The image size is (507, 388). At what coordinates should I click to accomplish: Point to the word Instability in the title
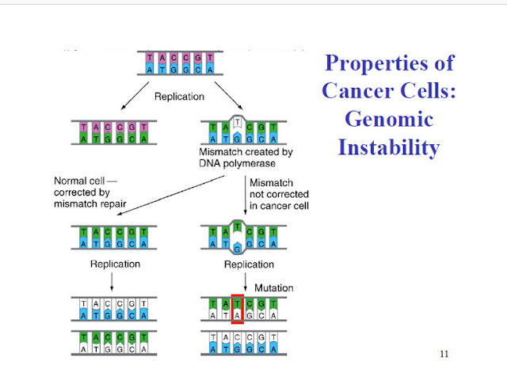pos(388,146)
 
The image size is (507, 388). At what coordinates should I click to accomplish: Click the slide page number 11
pos(444,353)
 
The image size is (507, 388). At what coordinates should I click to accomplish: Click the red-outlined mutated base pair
pos(237,306)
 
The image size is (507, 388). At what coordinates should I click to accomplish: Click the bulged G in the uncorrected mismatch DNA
pos(237,248)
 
